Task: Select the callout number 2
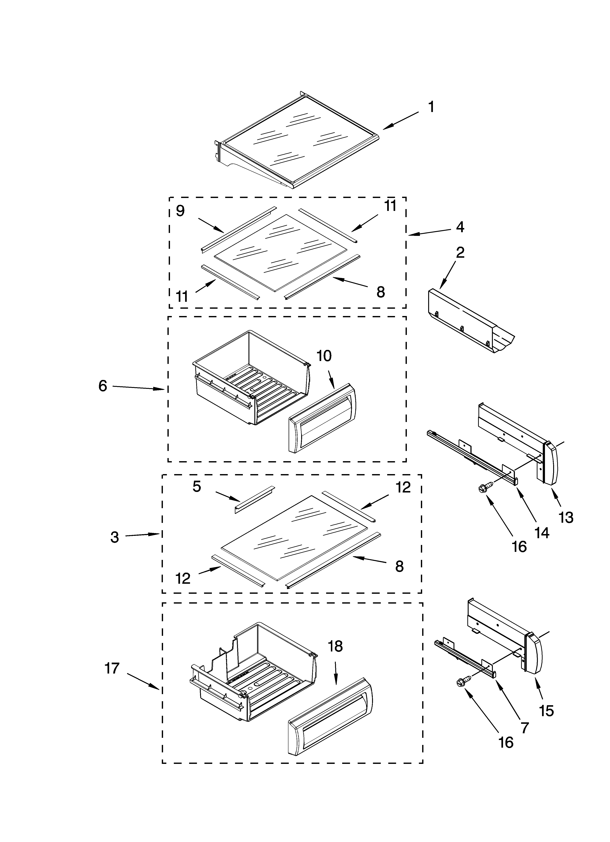click(460, 253)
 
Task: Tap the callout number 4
click(460, 227)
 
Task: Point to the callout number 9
click(180, 211)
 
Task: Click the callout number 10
click(324, 356)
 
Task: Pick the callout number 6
click(103, 386)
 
